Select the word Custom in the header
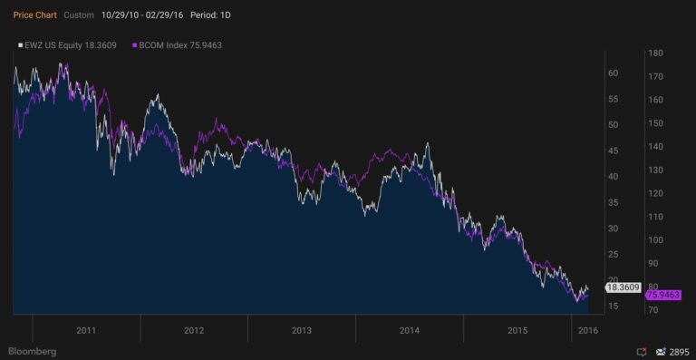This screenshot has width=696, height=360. point(80,15)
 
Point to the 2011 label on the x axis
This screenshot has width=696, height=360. point(86,330)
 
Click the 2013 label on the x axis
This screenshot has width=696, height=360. point(302,330)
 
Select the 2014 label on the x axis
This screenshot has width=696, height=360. point(409,330)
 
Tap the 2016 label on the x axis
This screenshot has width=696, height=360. point(588,330)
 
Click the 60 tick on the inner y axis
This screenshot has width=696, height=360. point(613,73)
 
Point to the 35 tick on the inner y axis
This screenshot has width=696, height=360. point(613,202)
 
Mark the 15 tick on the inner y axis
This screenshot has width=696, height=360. point(613,306)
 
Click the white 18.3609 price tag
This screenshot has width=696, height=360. point(623,287)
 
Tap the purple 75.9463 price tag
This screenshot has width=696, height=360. point(662,295)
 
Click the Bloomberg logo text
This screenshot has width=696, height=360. point(32,350)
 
